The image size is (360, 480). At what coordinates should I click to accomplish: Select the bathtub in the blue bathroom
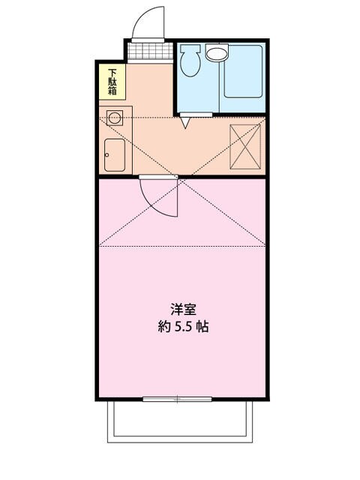[x=243, y=72]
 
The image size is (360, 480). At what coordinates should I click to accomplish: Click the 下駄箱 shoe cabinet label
[x=112, y=82]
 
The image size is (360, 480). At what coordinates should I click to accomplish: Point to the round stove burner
[x=114, y=117]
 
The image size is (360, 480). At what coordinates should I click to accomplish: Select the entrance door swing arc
[x=148, y=21]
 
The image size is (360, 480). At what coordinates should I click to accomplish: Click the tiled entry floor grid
[x=146, y=52]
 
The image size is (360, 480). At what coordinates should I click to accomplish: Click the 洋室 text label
[x=179, y=309]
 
